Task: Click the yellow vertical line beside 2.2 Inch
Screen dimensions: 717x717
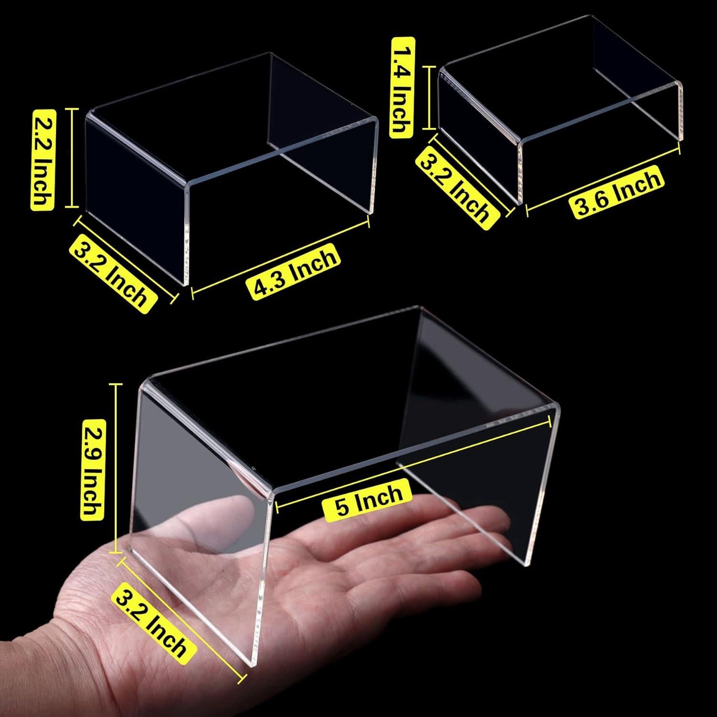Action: [x=73, y=158]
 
